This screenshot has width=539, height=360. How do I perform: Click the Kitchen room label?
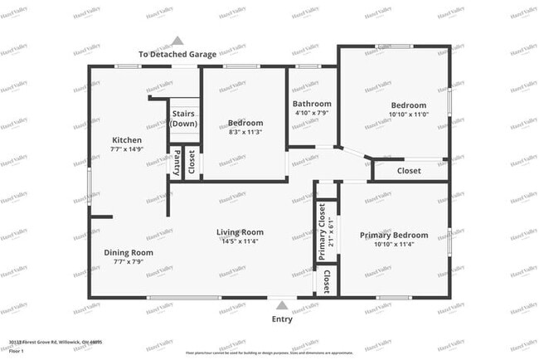coord(127,140)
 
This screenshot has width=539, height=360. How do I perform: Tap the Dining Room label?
coord(129,252)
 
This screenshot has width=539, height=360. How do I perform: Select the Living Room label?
coord(240,231)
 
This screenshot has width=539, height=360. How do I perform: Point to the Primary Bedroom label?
coord(394,236)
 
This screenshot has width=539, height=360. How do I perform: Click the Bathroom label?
coord(312,104)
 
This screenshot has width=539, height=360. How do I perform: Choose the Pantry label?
coord(177,163)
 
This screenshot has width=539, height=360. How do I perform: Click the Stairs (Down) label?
coord(184,119)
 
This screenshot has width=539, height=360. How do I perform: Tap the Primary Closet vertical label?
coord(322,231)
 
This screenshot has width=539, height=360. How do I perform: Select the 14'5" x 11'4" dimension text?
coord(240,241)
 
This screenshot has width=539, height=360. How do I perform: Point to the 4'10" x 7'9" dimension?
coord(312,114)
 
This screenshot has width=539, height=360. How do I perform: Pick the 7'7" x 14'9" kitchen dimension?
coord(127,150)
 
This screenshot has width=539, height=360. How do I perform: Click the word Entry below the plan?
coord(282,319)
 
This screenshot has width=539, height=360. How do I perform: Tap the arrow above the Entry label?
coord(282,304)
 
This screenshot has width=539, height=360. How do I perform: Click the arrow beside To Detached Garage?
coord(177,40)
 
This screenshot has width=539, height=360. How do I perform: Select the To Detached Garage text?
coord(177,55)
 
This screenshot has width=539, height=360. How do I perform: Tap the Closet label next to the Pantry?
coord(192,163)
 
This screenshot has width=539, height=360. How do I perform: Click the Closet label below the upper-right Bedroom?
coord(409,171)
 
